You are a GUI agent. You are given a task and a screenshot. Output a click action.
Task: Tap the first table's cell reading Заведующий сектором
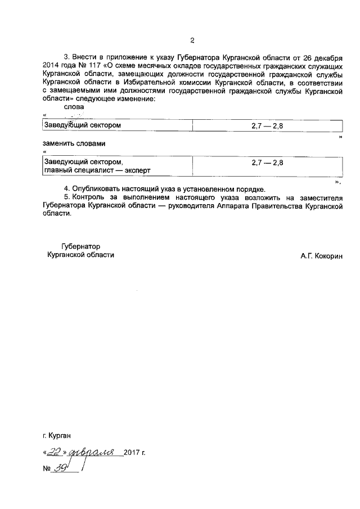pyautogui.click(x=82, y=125)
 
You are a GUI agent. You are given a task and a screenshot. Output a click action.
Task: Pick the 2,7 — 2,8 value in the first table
pyautogui.click(x=267, y=125)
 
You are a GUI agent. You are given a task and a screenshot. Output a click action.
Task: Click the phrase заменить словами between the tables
pyautogui.click(x=74, y=143)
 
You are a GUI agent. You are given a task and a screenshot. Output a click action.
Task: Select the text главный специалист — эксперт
pyautogui.click(x=97, y=170)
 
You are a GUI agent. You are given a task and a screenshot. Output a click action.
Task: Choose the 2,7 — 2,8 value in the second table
pyautogui.click(x=267, y=162)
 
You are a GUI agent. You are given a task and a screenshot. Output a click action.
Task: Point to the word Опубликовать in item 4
pyautogui.click(x=97, y=189)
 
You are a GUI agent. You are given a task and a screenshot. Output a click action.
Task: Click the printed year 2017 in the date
pyautogui.click(x=132, y=452)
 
